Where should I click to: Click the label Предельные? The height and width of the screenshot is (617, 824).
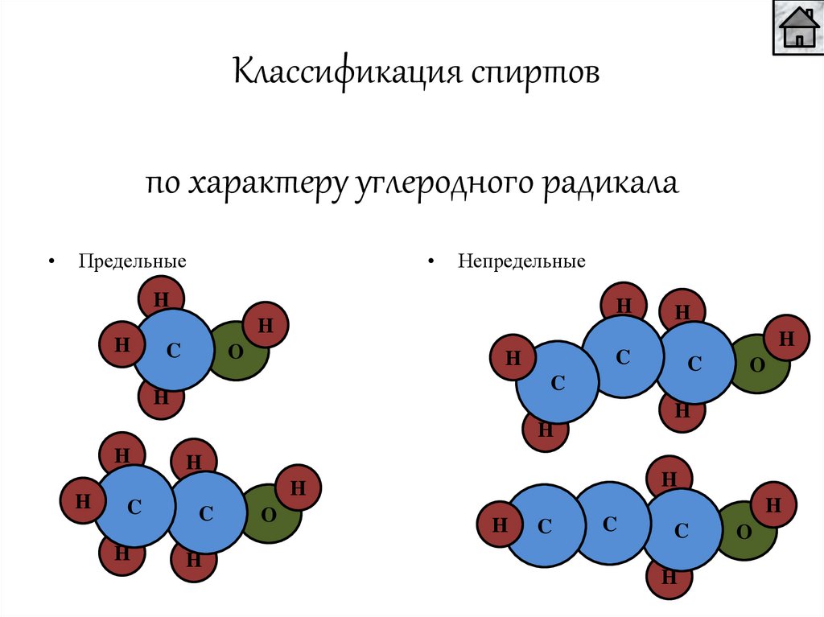132,261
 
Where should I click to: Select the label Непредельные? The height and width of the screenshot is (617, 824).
522,261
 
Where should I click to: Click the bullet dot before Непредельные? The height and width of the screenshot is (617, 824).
431,262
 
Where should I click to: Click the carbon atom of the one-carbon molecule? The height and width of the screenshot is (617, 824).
171,350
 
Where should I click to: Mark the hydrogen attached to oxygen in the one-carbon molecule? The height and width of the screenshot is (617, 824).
266,325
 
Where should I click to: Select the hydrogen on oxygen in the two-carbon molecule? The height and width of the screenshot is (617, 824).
298,487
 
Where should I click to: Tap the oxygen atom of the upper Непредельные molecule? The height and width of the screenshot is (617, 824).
758,364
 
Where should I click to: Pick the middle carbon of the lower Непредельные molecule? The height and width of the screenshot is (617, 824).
609,524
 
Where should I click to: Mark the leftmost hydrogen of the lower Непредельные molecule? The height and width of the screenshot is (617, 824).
500,526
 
